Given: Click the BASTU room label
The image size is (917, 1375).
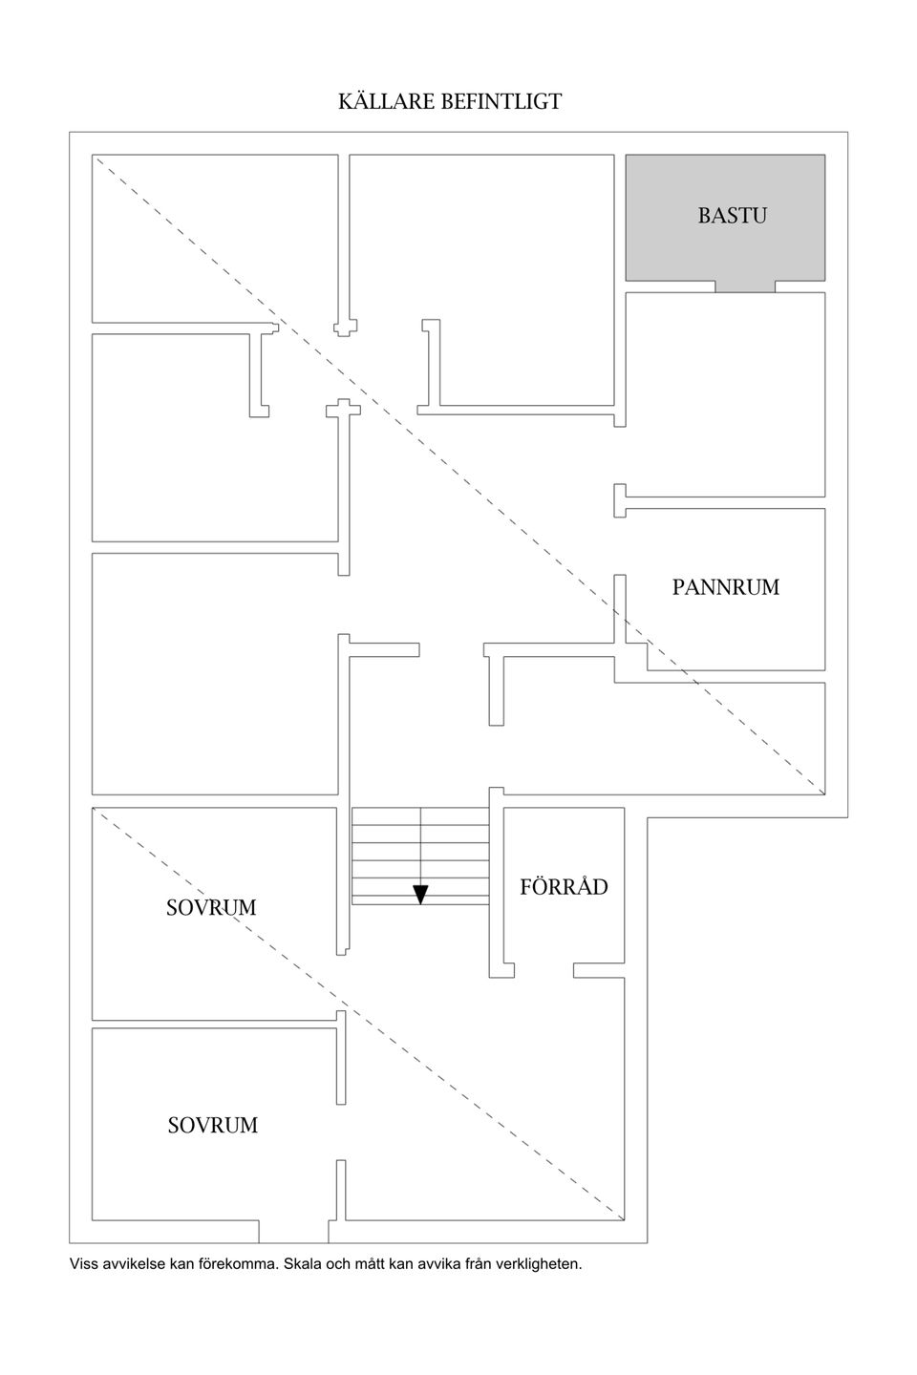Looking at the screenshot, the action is click(732, 216).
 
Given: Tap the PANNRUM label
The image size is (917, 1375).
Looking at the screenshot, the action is click(725, 587).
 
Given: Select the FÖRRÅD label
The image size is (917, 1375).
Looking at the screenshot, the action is click(564, 886).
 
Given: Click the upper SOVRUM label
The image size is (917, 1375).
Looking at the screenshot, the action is click(211, 907).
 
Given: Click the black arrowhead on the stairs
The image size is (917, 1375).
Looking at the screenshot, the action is click(420, 895).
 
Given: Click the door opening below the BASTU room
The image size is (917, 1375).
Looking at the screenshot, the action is click(745, 286).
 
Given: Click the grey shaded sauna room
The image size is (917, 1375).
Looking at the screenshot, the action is click(725, 218).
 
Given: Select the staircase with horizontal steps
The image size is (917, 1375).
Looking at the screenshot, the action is click(420, 856).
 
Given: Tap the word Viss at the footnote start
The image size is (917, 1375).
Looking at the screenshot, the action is click(82, 1264).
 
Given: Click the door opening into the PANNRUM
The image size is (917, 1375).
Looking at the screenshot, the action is click(620, 546).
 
